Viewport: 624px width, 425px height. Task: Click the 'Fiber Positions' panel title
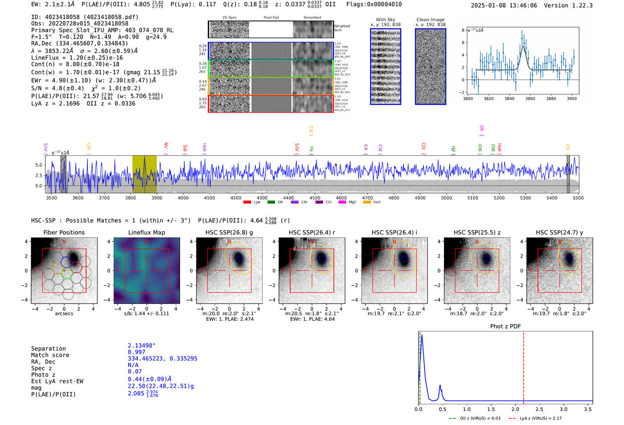pyautogui.click(x=64, y=232)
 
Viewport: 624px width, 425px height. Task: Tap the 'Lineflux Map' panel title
pyautogui.click(x=146, y=232)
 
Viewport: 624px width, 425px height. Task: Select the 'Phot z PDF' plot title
pyautogui.click(x=505, y=326)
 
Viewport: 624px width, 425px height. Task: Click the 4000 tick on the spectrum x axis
pyautogui.click(x=183, y=198)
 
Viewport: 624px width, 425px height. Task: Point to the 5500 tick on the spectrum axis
pyautogui.click(x=578, y=198)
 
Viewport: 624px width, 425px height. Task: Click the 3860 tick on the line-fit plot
pyautogui.click(x=530, y=99)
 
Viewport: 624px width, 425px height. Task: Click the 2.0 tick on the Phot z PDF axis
pyautogui.click(x=515, y=409)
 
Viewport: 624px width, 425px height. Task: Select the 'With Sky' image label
pyautogui.click(x=385, y=20)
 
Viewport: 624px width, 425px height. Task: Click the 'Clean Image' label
pyautogui.click(x=430, y=20)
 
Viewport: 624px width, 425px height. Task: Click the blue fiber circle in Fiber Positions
pyautogui.click(x=66, y=262)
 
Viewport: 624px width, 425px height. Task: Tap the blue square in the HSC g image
pyautogui.click(x=239, y=259)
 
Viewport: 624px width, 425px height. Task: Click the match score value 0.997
pyautogui.click(x=136, y=352)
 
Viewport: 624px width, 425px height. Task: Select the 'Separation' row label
pyautogui.click(x=48, y=349)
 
